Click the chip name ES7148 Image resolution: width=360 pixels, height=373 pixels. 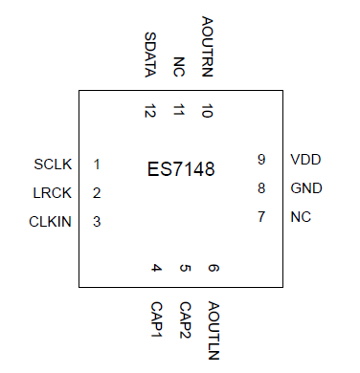point(181,169)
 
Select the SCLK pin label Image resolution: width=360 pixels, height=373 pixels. point(51,164)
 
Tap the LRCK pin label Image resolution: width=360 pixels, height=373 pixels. point(51,193)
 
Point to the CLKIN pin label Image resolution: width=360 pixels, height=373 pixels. point(50,223)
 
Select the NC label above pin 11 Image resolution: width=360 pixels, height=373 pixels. point(179,66)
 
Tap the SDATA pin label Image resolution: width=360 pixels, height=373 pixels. point(150,55)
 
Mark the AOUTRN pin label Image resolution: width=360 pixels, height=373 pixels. point(208,47)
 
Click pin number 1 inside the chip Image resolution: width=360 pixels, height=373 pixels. point(98,164)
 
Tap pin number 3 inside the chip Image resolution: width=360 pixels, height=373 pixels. point(98,223)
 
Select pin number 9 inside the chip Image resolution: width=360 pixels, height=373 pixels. point(260,160)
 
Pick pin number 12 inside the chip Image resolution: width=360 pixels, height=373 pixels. point(150,111)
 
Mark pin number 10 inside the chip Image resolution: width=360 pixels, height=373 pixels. point(208,111)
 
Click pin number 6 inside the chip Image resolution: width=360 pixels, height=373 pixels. point(214,269)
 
